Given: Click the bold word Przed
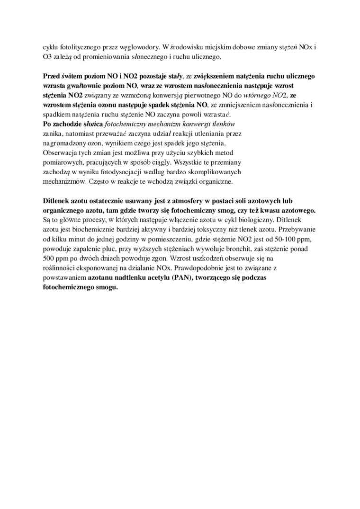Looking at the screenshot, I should [52, 76].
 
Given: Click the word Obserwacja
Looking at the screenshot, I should [60, 153].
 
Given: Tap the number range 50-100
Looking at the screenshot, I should [267, 240].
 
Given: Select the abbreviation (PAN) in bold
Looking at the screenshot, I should [176, 278].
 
